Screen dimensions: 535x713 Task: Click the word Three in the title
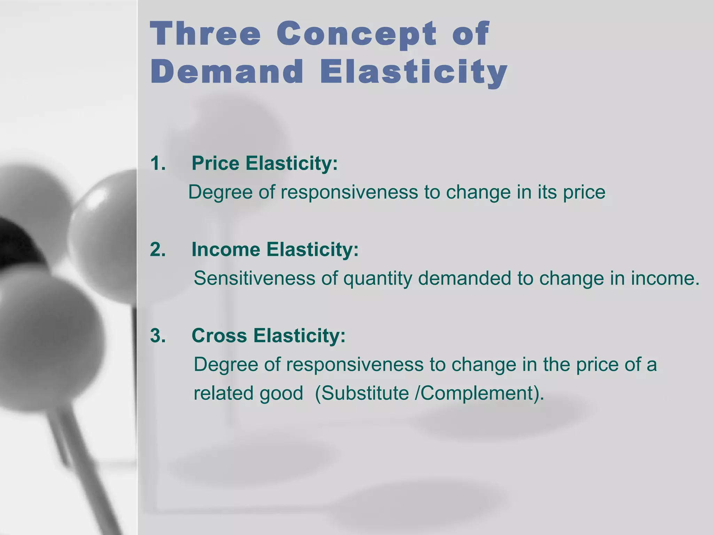(x=205, y=34)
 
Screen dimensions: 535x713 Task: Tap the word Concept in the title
(x=356, y=34)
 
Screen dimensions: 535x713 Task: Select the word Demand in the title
(x=227, y=72)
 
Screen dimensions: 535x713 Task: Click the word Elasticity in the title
(x=413, y=72)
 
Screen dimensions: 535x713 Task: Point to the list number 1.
(x=158, y=163)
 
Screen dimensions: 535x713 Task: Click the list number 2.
(x=158, y=250)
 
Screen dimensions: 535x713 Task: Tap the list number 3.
(x=158, y=336)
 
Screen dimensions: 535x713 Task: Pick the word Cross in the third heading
(x=219, y=336)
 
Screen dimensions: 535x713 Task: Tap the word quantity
(x=377, y=279)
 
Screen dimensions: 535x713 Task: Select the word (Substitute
(x=362, y=393)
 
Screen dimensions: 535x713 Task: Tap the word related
(x=224, y=393)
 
